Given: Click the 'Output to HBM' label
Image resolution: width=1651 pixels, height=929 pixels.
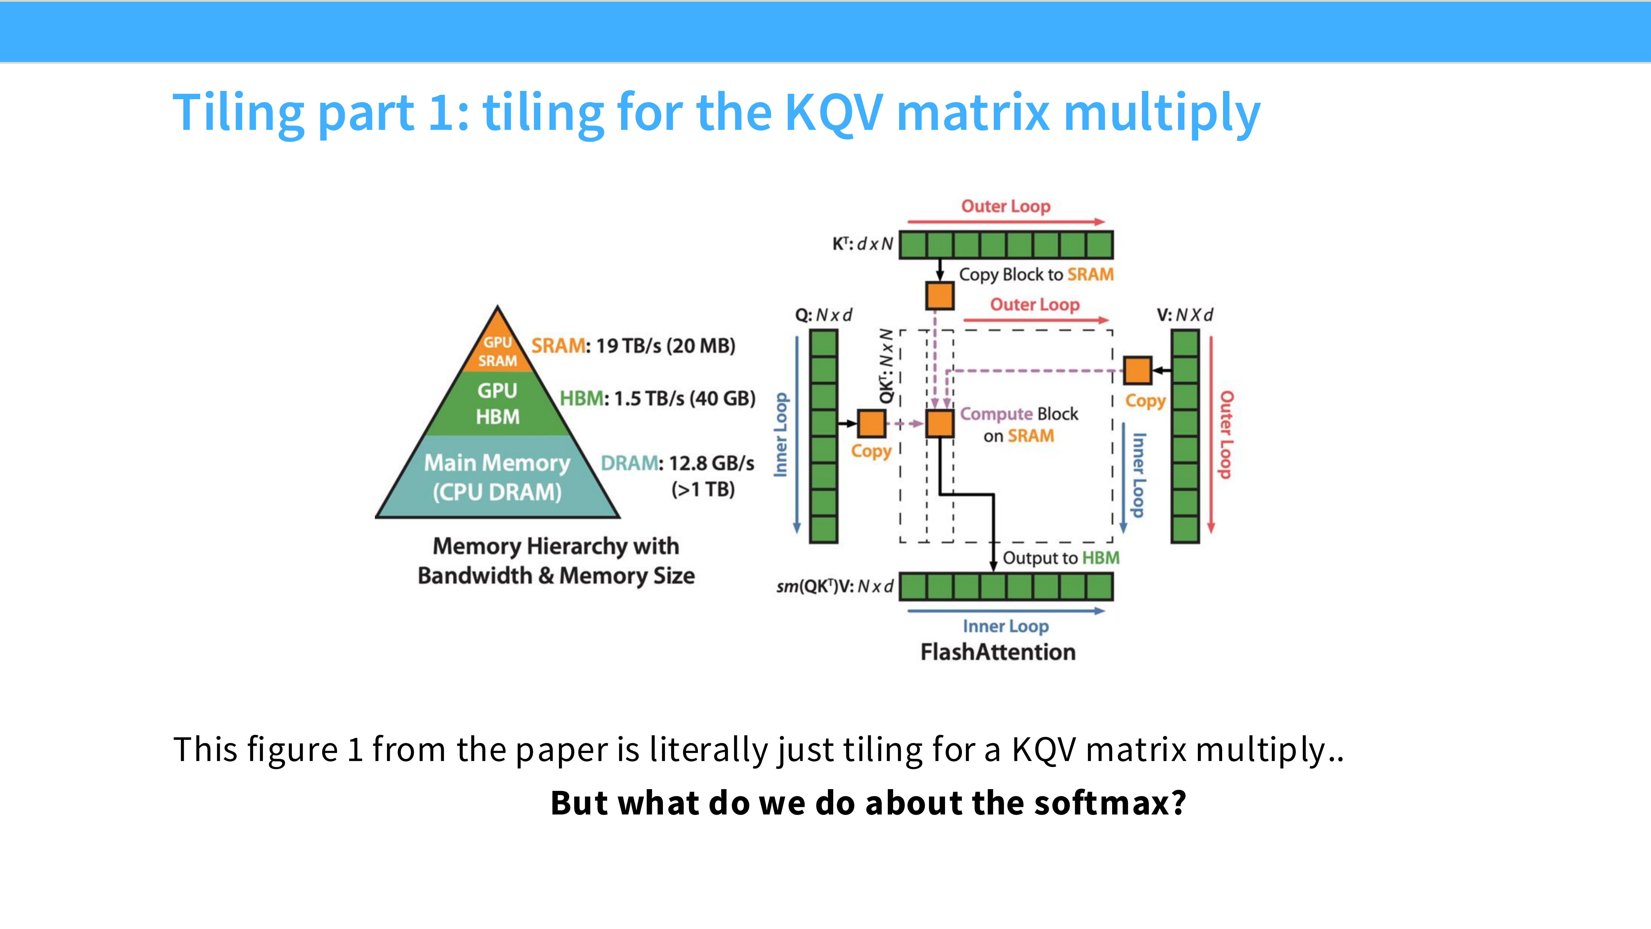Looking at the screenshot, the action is tap(1061, 558).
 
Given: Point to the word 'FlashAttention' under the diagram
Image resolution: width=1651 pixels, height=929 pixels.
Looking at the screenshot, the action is tap(998, 652).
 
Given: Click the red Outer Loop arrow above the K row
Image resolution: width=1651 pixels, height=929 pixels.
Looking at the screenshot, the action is tap(1006, 222).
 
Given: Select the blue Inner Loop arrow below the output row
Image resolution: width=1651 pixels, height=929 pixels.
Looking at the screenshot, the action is tap(1006, 611).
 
